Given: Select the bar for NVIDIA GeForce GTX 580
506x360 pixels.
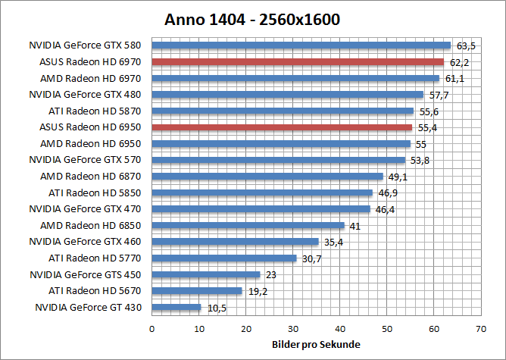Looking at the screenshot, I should tap(301, 45).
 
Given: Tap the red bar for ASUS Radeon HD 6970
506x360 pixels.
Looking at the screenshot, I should tap(298, 62).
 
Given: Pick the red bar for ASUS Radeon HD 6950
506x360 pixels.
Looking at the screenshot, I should tap(282, 127).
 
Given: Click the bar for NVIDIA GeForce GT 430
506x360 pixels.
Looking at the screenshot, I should tap(176, 307).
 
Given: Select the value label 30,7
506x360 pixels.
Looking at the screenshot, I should tap(311, 258).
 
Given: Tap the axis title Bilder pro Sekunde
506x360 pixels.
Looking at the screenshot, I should tap(316, 346).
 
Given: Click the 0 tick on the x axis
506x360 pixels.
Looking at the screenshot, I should tap(152, 328).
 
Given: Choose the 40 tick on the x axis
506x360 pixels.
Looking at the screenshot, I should tap(340, 328).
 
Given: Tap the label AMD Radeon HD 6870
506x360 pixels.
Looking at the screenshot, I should tap(94, 176).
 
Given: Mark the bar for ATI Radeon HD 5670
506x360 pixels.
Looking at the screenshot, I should tap(197, 291).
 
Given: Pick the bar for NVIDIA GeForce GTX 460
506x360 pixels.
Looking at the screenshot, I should tap(235, 242).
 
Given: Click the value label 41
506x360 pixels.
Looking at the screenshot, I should tap(354, 226).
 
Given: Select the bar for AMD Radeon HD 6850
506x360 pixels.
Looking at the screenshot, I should tap(248, 225).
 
